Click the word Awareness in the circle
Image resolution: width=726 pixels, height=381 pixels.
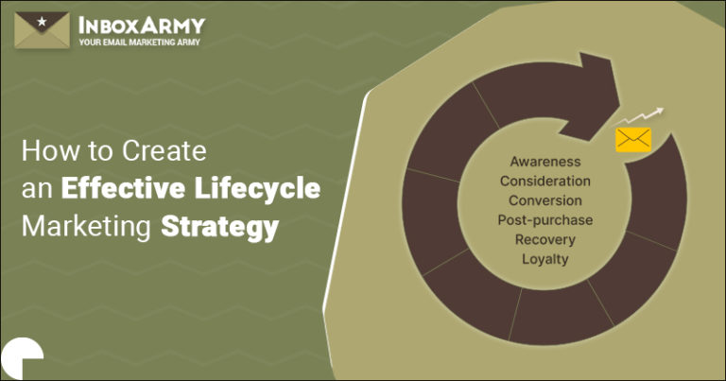point(544,162)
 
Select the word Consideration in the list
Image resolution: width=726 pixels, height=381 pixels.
point(545,181)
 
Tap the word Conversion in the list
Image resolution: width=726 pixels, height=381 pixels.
point(545,200)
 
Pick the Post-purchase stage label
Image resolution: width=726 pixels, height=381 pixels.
point(545,219)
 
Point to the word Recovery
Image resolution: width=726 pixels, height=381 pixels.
point(545,239)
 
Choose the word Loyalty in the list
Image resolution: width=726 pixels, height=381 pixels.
point(545,258)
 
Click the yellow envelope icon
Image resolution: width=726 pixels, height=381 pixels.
point(633,140)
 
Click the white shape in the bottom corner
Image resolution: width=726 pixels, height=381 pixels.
point(21,359)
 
